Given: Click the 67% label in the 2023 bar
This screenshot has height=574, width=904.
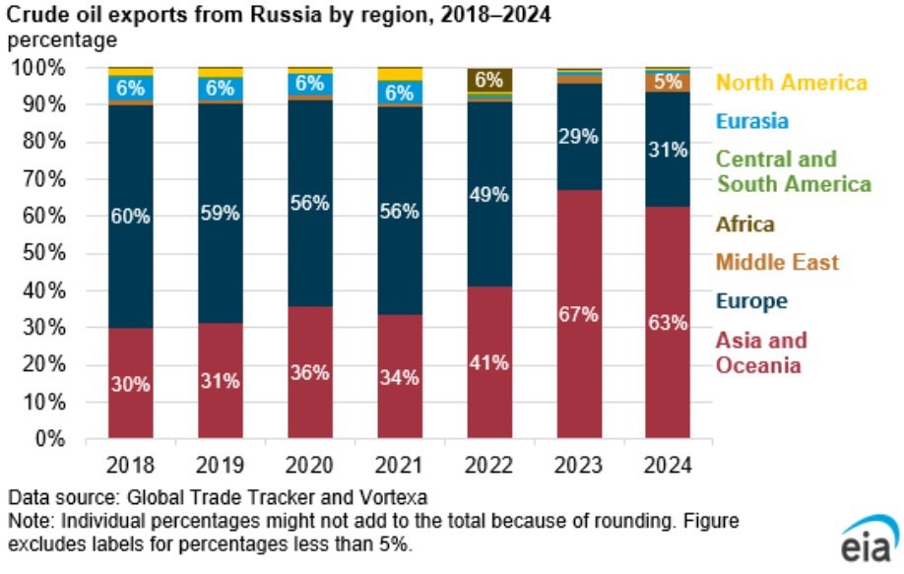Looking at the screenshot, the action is point(578,315).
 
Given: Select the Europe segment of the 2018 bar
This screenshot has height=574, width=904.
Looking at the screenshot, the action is point(131,217).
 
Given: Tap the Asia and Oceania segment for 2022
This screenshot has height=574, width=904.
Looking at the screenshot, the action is point(489,362).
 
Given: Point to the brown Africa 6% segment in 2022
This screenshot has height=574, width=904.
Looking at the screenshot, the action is point(489,80).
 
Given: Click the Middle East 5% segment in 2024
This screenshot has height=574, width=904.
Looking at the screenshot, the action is point(668,83).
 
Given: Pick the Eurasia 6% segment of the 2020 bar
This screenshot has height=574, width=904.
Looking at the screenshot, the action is point(310,84).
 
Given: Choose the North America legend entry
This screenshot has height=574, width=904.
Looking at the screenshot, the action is point(792,83).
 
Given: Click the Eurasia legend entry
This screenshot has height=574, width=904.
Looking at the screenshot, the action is point(751,121).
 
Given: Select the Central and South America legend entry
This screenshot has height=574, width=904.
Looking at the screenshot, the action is point(794,171).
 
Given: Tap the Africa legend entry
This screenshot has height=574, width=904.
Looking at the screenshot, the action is point(744,223).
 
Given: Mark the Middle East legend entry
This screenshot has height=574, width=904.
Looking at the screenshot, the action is point(777,262).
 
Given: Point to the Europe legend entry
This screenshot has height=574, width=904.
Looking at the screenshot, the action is point(751,301).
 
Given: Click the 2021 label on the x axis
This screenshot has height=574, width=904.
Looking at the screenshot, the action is point(399,465).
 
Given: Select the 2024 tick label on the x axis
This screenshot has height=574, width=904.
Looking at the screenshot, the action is point(668,465).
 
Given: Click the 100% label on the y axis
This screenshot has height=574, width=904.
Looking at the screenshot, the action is point(38,68).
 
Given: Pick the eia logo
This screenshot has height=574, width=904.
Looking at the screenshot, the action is point(869,540).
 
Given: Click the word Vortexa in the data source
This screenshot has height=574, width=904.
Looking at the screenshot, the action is point(393,497).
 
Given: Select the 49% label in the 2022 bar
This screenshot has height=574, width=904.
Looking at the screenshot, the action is point(488,195).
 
